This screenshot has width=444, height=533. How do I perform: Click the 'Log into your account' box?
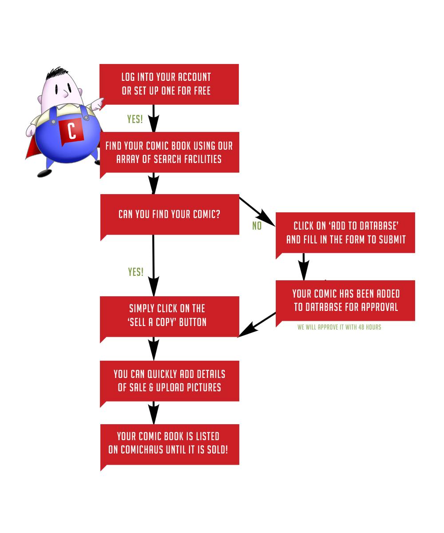(x=169, y=84)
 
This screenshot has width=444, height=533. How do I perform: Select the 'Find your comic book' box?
(x=170, y=152)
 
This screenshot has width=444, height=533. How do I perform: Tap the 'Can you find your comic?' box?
(x=170, y=215)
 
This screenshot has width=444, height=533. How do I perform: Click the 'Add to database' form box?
(x=345, y=233)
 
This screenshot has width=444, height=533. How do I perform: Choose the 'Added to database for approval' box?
(x=345, y=301)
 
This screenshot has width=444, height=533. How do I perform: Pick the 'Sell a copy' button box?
(x=170, y=317)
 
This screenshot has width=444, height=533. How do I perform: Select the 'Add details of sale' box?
(x=170, y=381)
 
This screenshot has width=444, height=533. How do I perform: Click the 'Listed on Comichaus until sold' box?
(x=170, y=445)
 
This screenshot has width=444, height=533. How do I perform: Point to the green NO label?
(x=257, y=226)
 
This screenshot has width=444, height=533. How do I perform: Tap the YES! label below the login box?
(x=135, y=119)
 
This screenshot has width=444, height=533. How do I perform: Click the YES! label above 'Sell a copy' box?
(x=135, y=271)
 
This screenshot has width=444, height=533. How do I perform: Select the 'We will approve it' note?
(x=339, y=327)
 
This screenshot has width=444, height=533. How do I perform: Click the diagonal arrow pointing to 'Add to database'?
(x=257, y=211)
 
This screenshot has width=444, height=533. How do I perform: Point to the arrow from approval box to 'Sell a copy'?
(x=257, y=325)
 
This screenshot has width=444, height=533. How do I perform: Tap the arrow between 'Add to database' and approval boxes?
(x=303, y=266)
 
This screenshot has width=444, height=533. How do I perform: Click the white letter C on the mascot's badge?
(x=71, y=131)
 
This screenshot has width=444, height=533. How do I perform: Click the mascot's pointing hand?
(x=97, y=103)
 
